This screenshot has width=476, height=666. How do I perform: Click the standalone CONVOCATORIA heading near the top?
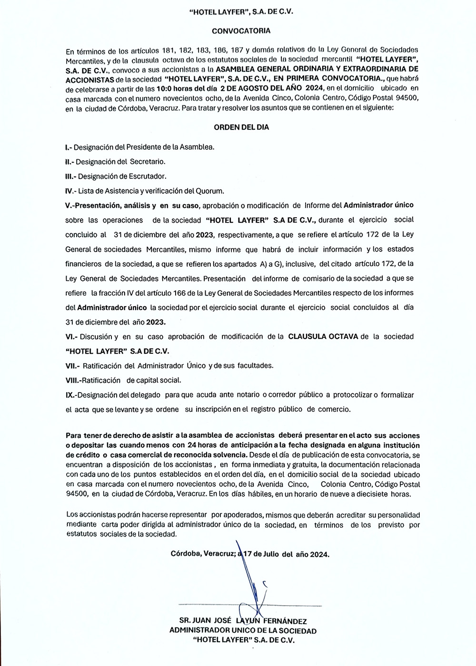241,31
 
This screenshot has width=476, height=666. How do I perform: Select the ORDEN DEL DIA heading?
241,127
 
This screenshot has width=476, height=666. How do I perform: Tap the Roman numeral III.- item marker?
71,176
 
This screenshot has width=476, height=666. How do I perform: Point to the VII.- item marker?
73,366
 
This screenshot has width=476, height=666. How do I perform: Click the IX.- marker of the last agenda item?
71,395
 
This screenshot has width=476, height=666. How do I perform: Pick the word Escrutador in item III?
148,176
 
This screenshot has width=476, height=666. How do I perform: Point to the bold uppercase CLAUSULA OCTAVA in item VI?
323,337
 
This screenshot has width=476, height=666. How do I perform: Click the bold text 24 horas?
201,445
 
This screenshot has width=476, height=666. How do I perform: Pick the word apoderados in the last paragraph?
243,515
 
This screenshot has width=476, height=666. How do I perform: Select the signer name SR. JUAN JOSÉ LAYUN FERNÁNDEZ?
243,621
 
